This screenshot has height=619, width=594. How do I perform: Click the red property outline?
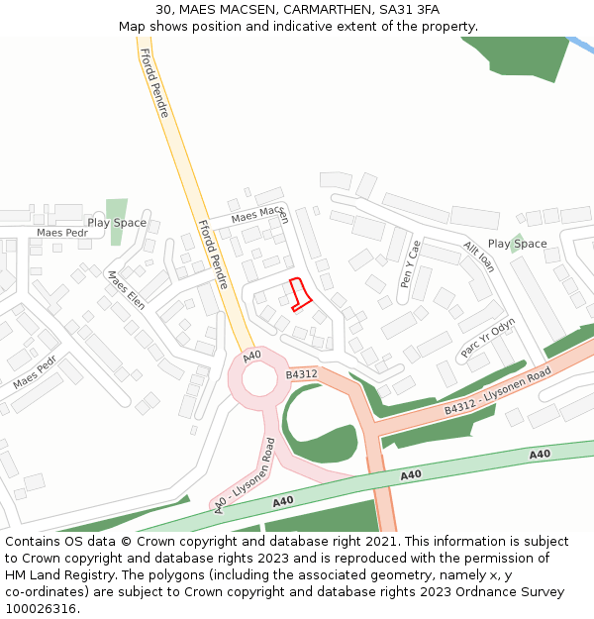299,295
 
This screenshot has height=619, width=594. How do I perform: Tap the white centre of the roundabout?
260,378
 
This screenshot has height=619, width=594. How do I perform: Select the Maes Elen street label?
126,289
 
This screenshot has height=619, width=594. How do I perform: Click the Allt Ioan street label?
478,257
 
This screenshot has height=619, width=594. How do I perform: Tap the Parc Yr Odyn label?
488,338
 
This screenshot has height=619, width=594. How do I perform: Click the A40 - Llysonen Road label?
245,476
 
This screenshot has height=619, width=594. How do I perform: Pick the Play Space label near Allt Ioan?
517,244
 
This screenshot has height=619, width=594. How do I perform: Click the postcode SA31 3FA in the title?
409,10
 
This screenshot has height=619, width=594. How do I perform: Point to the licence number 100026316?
42,609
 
